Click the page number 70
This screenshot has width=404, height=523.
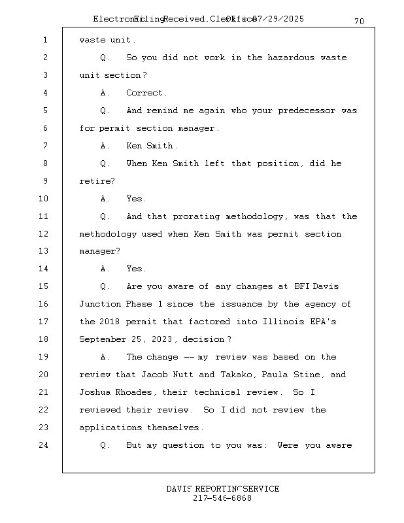tap(359, 22)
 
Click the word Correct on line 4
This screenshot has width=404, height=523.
tap(146, 93)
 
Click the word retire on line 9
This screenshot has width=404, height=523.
tap(91, 181)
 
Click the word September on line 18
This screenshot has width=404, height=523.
tap(102, 339)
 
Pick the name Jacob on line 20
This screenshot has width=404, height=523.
tap(154, 375)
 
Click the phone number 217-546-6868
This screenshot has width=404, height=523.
tap(222, 498)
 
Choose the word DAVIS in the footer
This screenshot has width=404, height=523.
tap(178, 489)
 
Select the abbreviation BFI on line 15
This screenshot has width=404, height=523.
tap(301, 286)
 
